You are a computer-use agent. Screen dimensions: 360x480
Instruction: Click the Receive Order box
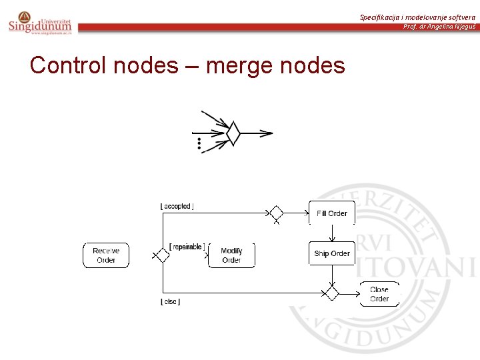click(x=106, y=255)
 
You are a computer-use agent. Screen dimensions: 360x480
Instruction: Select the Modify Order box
click(x=231, y=255)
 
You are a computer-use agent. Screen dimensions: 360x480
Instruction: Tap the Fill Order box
click(x=331, y=213)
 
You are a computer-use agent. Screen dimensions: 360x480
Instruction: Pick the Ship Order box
click(x=331, y=253)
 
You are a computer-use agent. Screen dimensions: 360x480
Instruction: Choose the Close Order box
click(x=379, y=294)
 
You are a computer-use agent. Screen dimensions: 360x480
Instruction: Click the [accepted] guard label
click(x=177, y=207)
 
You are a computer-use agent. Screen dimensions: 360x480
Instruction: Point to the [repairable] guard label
click(x=187, y=247)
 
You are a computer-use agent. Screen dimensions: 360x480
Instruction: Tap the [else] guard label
click(x=171, y=302)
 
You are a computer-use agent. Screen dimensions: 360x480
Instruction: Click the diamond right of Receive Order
click(x=161, y=255)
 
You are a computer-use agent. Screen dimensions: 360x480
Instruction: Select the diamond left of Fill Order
click(x=276, y=213)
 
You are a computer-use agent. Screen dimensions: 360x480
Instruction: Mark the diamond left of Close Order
click(x=331, y=293)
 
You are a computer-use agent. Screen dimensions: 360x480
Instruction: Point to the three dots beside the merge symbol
click(x=199, y=145)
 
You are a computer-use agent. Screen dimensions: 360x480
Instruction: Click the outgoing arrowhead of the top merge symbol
click(x=267, y=133)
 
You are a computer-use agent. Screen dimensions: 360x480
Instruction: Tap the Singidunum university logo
click(x=40, y=23)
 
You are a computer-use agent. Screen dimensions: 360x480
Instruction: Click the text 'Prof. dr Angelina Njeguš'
click(x=439, y=27)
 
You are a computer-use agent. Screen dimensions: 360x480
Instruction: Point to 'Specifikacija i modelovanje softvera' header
click(x=417, y=17)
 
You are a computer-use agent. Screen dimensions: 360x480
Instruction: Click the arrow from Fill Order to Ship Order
click(x=331, y=233)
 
